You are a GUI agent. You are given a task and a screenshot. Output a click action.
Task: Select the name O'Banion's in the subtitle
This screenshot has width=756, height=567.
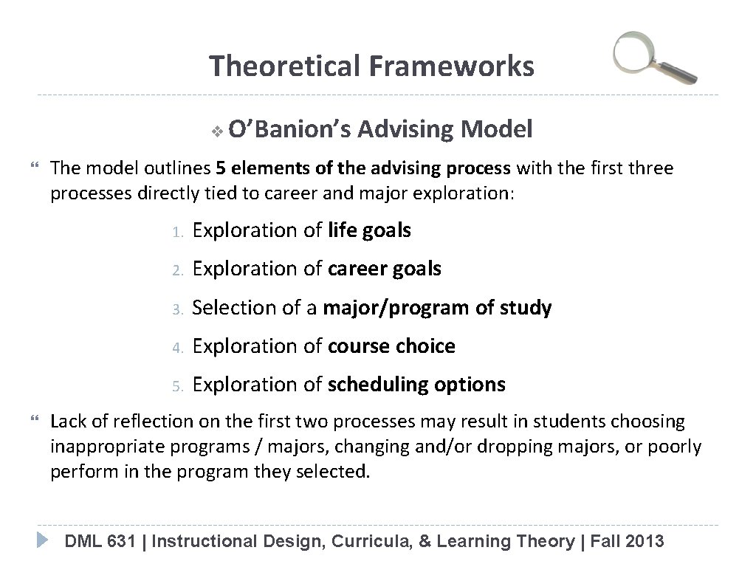pos(290,131)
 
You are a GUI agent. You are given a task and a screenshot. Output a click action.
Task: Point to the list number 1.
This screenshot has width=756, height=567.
pos(176,232)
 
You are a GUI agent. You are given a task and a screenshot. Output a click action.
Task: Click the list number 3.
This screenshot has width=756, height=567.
pos(176,309)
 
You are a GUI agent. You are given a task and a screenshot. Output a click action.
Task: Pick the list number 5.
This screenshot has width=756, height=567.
pos(176,385)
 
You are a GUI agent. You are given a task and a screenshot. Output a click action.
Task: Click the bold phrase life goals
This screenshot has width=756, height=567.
pos(369,230)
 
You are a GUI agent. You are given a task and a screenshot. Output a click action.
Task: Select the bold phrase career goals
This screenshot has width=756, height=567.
pos(384,269)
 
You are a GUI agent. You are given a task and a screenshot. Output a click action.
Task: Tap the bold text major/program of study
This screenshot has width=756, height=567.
pos(438,308)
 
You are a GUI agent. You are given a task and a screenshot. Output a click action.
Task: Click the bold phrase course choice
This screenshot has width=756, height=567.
pos(391,346)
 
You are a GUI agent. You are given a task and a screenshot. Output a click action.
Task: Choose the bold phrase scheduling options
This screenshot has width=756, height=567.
pos(417,385)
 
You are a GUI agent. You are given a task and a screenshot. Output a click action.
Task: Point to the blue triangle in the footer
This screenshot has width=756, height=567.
pos(44,539)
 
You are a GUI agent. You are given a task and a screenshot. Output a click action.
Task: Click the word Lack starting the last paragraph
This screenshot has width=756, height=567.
pos(68,422)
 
